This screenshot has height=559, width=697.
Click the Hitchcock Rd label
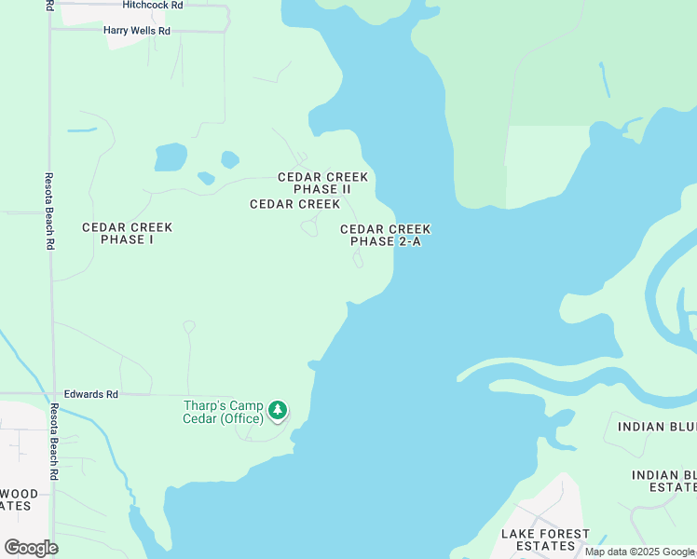[x=153, y=5]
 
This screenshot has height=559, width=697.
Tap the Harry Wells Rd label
[x=137, y=31]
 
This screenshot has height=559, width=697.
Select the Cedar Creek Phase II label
[x=322, y=183]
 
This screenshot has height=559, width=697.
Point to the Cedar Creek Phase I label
[x=127, y=233]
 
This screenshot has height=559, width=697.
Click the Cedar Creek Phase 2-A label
[x=385, y=235]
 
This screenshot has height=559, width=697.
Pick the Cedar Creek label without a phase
[x=294, y=204]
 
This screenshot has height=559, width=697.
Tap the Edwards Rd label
[x=90, y=395]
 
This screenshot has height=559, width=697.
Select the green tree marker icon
[x=278, y=410]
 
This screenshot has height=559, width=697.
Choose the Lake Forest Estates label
[x=545, y=539]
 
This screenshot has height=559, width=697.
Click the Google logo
[x=31, y=547]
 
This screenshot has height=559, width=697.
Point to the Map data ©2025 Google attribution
[x=639, y=552]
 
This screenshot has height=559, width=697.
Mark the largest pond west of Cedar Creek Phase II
[x=171, y=157]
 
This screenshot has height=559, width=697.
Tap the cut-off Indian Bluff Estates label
[x=663, y=481]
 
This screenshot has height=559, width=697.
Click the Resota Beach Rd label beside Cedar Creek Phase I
[x=49, y=210]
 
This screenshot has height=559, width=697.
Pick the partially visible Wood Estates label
[x=19, y=499]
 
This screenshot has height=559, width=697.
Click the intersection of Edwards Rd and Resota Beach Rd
[x=51, y=394]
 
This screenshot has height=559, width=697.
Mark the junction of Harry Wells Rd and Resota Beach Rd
[x=51, y=29]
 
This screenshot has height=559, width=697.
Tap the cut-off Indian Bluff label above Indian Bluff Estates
[x=656, y=427]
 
